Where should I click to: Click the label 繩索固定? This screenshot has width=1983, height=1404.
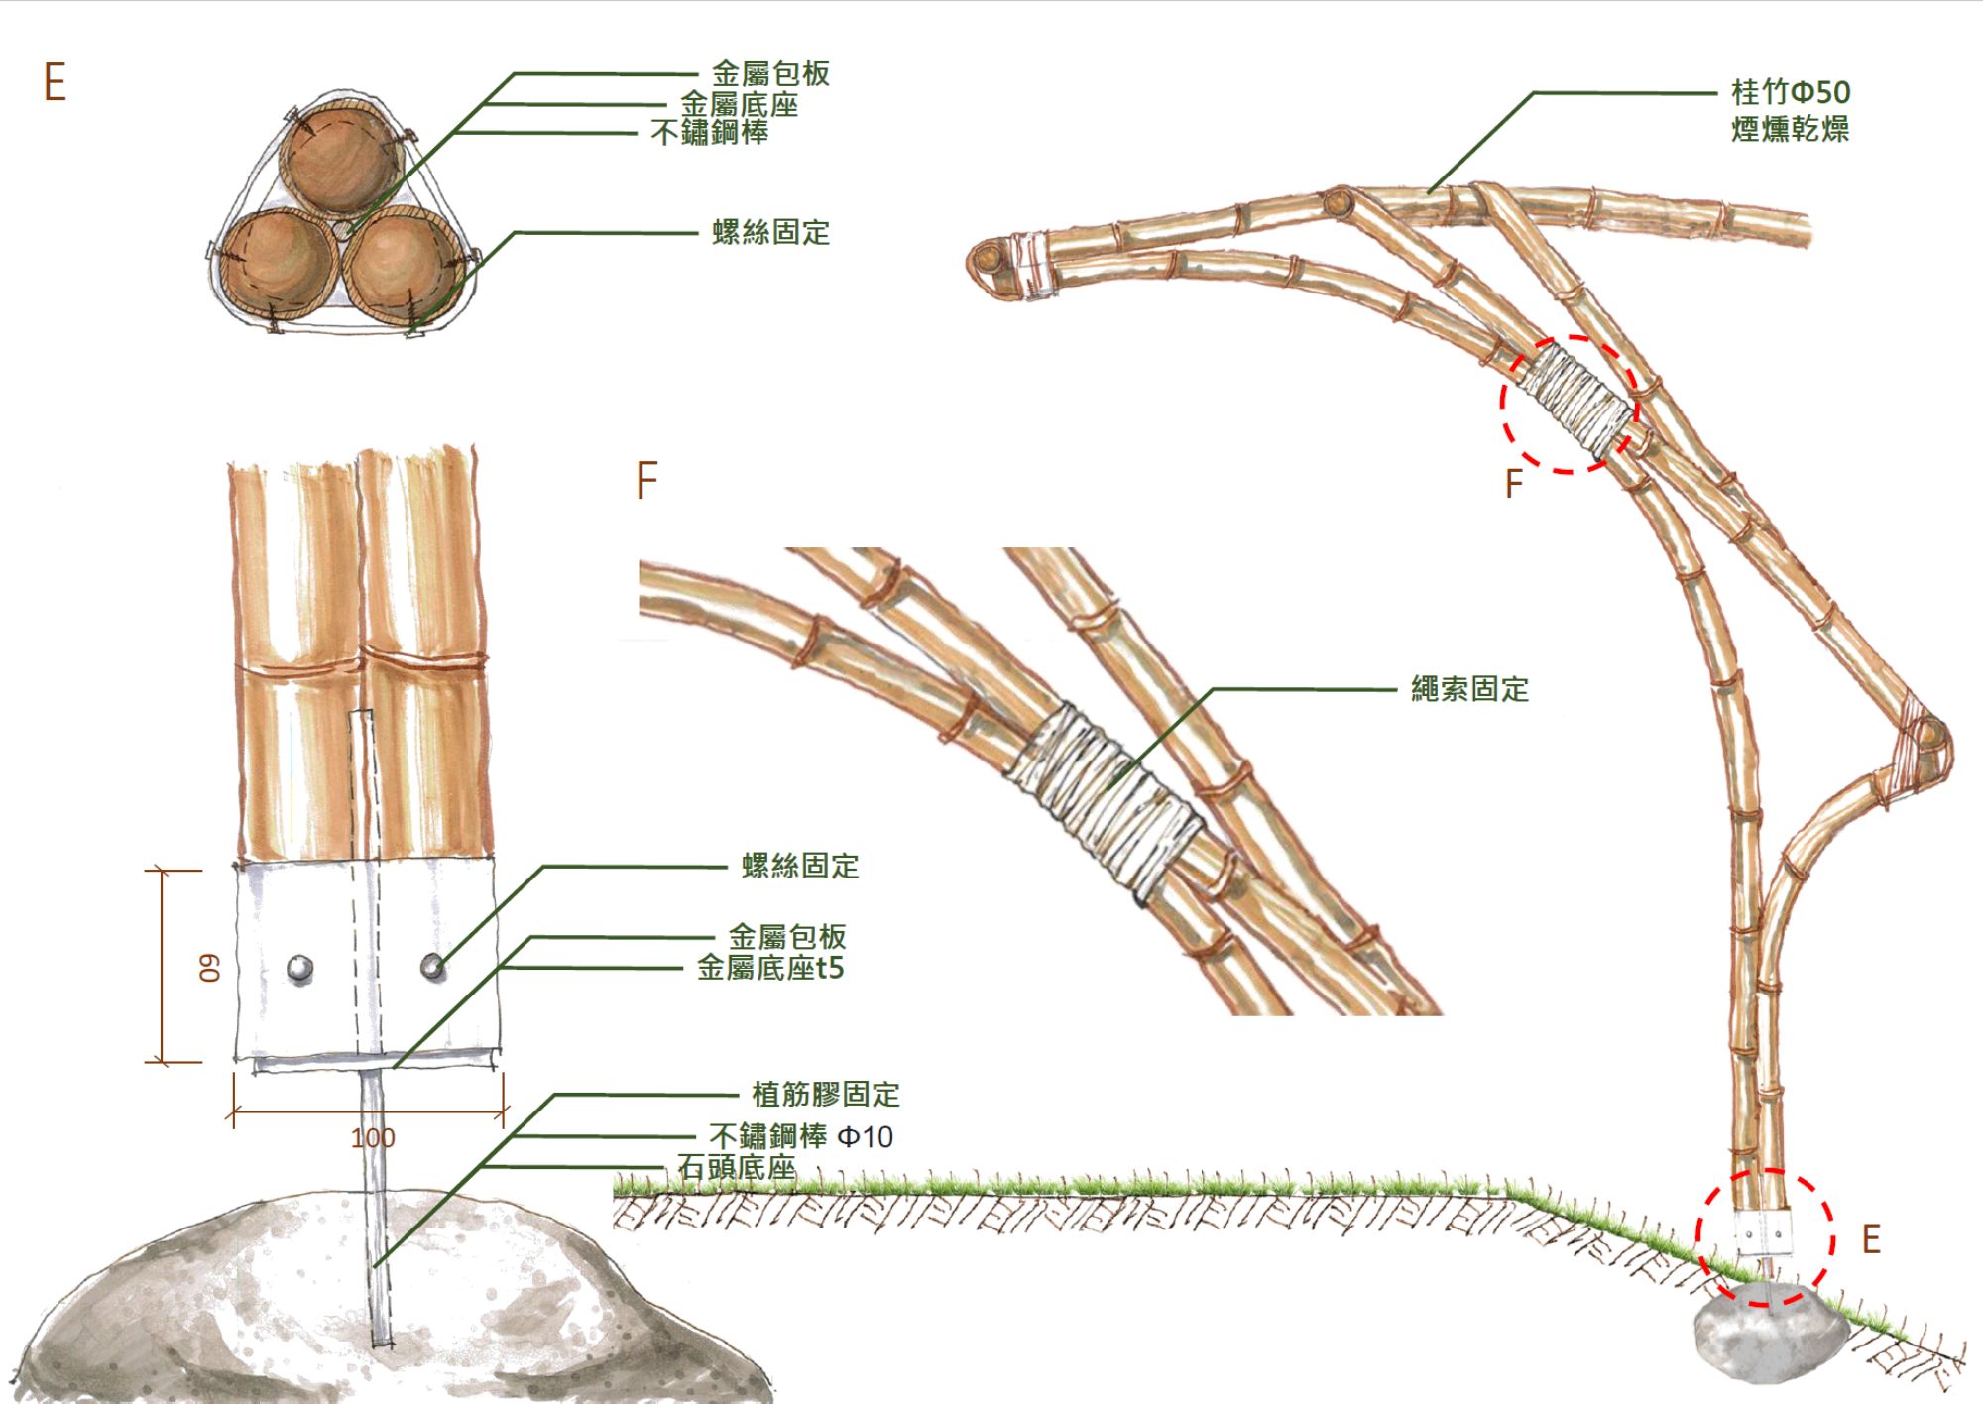[x=1469, y=689]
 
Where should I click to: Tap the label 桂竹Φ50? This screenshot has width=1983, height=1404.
[x=1791, y=92]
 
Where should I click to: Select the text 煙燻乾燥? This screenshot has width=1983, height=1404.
[x=1790, y=129]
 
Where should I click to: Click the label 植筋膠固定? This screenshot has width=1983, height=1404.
[x=826, y=1095]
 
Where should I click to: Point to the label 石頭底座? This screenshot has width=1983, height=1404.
[x=737, y=1167]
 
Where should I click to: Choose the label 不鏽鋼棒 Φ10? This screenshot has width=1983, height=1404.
[x=801, y=1136]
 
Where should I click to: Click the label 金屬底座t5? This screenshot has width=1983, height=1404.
[x=770, y=968]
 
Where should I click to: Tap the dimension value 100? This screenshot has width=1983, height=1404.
[x=373, y=1138]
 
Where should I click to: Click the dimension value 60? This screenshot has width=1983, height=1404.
[x=210, y=968]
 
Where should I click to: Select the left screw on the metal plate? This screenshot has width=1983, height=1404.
[x=300, y=968]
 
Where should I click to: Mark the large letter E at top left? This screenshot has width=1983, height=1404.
[x=55, y=82]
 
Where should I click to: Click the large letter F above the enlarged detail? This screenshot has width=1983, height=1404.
[x=646, y=481]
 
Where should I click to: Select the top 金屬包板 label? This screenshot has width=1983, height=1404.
[x=770, y=74]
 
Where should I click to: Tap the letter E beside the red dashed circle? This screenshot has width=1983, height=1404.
[x=1871, y=1239]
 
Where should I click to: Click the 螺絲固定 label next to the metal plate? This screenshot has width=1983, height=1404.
[x=800, y=866]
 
